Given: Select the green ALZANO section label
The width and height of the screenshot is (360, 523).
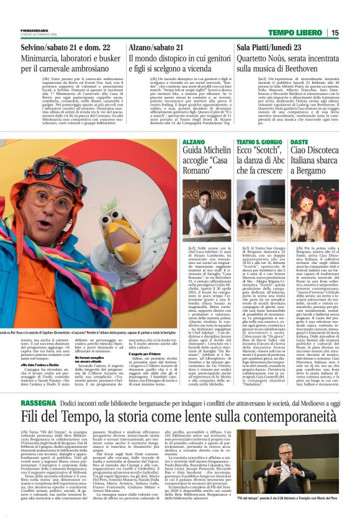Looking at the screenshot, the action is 193,143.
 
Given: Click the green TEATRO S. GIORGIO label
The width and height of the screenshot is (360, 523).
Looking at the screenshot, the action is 255,143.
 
